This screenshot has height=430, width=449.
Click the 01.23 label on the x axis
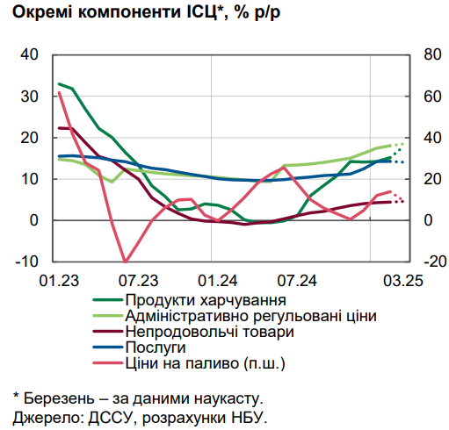click(58, 282)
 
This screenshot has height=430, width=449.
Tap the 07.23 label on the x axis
click(138, 282)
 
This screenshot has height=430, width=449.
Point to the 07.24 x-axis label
click(297, 282)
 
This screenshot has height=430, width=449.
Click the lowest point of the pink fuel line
click(126, 262)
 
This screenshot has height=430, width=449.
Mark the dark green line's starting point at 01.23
click(59, 84)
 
